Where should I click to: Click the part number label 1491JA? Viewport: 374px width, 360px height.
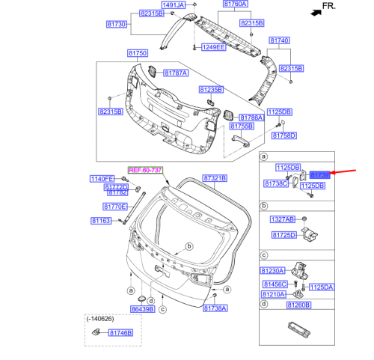coord(174,5)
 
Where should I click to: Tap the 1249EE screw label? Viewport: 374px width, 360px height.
coord(212,47)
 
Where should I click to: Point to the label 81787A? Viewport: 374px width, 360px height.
coord(174,73)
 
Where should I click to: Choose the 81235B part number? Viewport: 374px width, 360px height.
coord(210,89)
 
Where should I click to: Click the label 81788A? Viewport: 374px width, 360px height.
coord(251,118)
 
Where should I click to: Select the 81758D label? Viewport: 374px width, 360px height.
coord(283,136)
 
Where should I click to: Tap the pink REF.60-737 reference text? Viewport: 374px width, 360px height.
coord(144,171)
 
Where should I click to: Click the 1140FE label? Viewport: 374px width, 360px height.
coord(102,178)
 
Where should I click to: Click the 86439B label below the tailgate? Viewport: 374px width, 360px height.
coord(142,308)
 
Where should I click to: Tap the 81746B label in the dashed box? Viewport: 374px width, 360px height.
coord(120,332)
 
